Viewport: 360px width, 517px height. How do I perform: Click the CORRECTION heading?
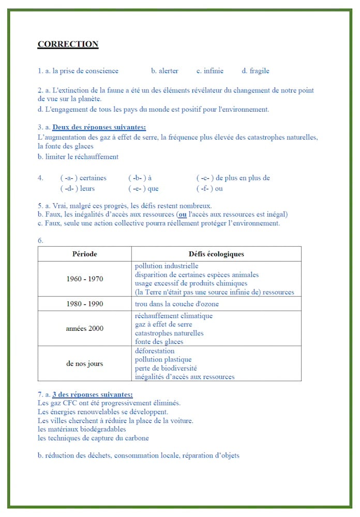[68, 44]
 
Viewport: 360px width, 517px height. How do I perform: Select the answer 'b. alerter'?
[164, 71]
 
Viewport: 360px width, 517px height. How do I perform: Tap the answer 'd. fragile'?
[256, 71]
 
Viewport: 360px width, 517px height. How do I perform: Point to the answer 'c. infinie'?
[210, 71]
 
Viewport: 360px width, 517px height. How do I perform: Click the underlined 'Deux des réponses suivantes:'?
[99, 127]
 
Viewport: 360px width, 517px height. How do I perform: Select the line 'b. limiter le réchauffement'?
[78, 157]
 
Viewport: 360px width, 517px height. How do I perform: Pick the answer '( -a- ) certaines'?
[83, 178]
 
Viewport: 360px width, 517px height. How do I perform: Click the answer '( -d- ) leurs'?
[78, 189]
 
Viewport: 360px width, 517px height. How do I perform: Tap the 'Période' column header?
[84, 254]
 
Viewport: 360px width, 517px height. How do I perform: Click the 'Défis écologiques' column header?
[216, 254]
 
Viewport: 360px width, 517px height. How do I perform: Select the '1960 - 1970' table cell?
[84, 279]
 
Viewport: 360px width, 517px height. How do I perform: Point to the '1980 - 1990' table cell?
[84, 304]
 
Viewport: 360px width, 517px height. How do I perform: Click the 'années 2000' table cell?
[84, 328]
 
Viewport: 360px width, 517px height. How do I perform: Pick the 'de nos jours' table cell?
[84, 363]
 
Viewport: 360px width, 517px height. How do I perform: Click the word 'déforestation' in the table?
[155, 351]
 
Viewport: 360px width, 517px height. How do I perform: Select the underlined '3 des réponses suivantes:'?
[93, 395]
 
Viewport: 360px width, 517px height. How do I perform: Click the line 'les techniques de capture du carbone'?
[93, 438]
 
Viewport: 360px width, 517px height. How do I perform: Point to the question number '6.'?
[40, 240]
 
